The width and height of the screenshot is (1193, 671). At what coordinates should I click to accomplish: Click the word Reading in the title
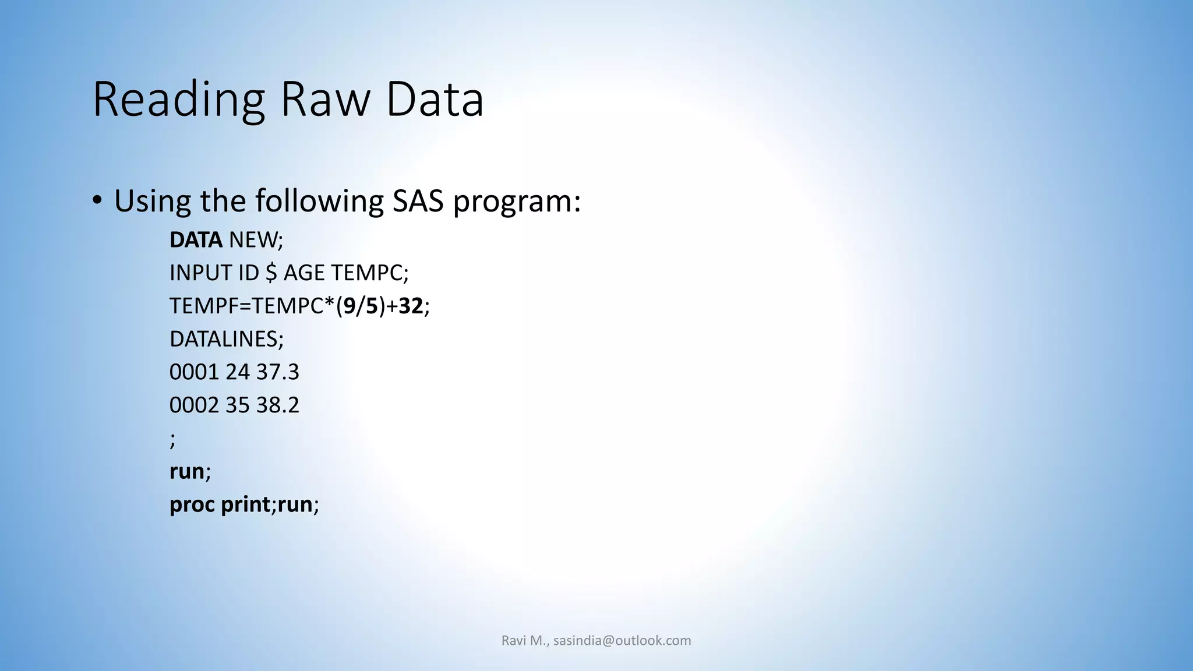pos(178,100)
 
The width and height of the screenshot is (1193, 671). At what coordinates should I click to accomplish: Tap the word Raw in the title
pos(325,100)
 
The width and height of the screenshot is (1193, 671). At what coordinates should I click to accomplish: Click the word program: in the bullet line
pos(517,202)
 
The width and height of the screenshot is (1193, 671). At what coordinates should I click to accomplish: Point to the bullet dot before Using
pos(97,200)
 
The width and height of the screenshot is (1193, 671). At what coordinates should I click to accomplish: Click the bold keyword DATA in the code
pos(196,240)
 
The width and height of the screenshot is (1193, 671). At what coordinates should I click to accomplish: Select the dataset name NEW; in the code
pos(256,240)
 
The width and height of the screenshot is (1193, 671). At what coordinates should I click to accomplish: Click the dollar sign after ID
pos(271,273)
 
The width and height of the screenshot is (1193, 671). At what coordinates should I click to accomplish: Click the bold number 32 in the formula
pos(411,306)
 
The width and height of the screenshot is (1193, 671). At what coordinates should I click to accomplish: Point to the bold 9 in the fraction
pos(349,306)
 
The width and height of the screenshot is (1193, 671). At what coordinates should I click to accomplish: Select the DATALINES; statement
pos(227,339)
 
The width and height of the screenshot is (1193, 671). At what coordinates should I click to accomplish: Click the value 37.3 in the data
pos(277,372)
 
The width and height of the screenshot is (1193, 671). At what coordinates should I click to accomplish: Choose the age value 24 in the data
pos(237,372)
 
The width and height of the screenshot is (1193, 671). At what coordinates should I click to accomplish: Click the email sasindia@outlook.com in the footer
pos(622,641)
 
